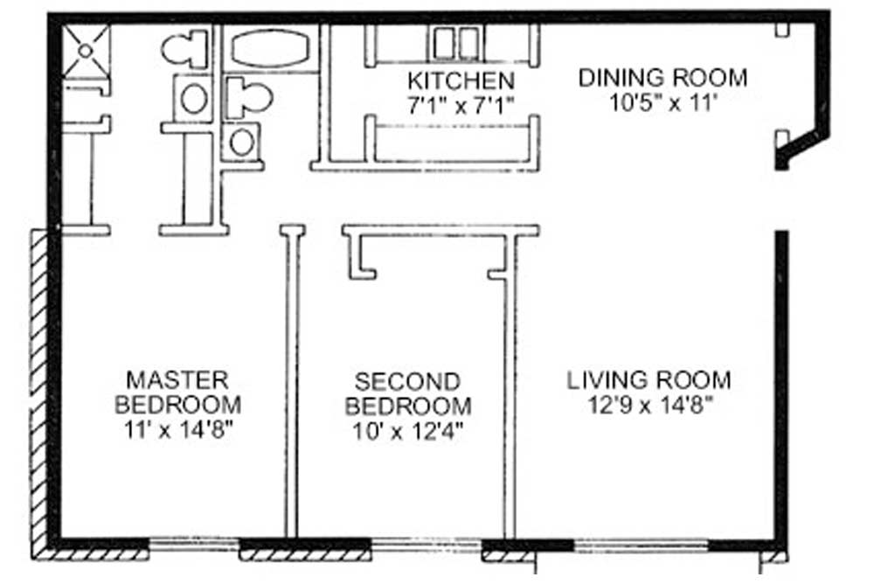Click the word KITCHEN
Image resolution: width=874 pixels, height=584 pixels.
[x=461, y=81]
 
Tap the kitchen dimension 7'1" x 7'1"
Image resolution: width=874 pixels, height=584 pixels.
[x=461, y=105]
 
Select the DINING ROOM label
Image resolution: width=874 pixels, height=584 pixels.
[x=662, y=78]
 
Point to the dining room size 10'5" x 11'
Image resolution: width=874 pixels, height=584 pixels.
[x=662, y=102]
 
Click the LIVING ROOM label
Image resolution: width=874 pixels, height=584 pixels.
[x=649, y=380]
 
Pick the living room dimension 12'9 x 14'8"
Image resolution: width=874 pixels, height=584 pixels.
[x=651, y=406]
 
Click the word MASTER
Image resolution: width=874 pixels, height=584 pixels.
[x=177, y=380]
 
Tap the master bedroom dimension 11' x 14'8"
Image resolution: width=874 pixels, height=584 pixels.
[x=177, y=430]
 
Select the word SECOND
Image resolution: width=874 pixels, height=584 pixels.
[x=407, y=382]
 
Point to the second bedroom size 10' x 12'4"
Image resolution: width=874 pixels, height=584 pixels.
[x=407, y=431]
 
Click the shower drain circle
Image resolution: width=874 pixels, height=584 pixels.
[x=86, y=51]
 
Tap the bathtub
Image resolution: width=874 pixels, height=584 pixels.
[x=270, y=48]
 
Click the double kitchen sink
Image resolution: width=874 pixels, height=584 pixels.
[x=457, y=44]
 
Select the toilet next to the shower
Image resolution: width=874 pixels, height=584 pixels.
[x=184, y=49]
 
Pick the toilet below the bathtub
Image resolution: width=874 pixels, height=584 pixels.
[x=248, y=98]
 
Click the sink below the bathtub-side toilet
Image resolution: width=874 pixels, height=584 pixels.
[x=242, y=142]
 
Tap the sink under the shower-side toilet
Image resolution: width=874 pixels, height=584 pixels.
[x=193, y=99]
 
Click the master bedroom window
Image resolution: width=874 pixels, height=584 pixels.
[x=194, y=545]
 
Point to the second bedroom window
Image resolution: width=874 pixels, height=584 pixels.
[x=427, y=545]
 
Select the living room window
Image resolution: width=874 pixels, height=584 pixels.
[x=641, y=545]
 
